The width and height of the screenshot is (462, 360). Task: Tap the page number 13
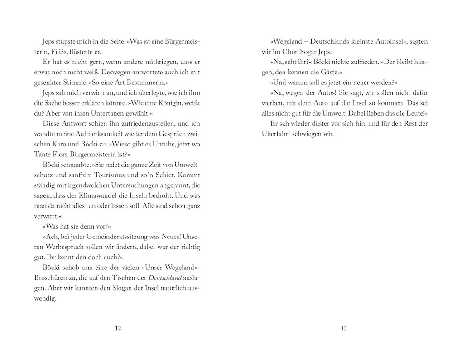pyautogui.click(x=343, y=328)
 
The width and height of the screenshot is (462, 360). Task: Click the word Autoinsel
pyautogui.click(x=378, y=42)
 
